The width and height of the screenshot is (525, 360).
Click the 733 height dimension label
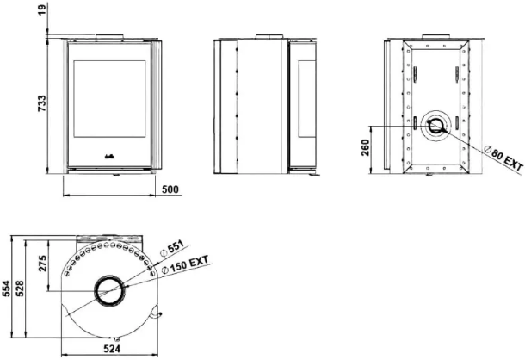42,103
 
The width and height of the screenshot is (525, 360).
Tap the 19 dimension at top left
42,9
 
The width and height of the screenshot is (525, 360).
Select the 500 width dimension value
170,189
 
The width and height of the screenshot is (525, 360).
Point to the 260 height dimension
366,147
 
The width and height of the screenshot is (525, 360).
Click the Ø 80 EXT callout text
503,158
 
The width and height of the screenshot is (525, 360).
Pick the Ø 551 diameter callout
172,249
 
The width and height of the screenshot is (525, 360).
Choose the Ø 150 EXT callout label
185,265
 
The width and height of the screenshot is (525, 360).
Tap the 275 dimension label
42,264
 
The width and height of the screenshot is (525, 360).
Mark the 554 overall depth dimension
6,289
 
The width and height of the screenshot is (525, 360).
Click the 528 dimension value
20,289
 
